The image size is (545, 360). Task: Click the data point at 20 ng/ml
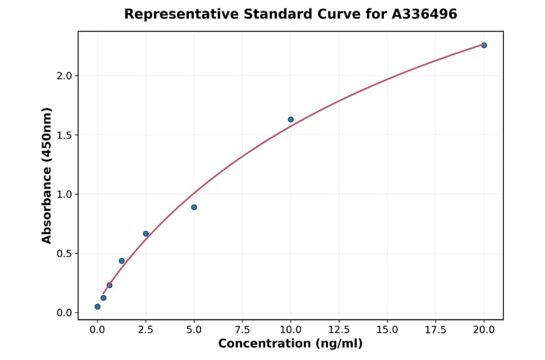[484, 45]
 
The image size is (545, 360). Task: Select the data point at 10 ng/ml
[291, 119]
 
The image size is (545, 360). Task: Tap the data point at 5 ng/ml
[194, 207]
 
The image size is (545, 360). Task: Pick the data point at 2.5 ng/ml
[146, 233]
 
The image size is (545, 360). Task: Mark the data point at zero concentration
[97, 307]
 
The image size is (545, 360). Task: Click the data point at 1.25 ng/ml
[122, 261]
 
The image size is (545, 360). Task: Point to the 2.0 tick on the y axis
[64, 76]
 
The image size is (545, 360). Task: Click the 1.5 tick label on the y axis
[64, 135]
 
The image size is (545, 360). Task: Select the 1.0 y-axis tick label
[64, 195]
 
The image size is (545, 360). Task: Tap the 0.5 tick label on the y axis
[64, 253]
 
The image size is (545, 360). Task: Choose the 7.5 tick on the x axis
[242, 330]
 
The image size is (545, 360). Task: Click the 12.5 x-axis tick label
[339, 330]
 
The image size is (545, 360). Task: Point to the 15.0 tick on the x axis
[387, 330]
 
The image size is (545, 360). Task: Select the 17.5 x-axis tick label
[435, 330]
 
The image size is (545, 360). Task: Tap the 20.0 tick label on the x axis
[484, 330]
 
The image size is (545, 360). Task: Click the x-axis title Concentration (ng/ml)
[290, 344]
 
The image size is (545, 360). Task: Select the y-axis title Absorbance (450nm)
[47, 175]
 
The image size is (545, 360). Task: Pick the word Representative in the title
[174, 14]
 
